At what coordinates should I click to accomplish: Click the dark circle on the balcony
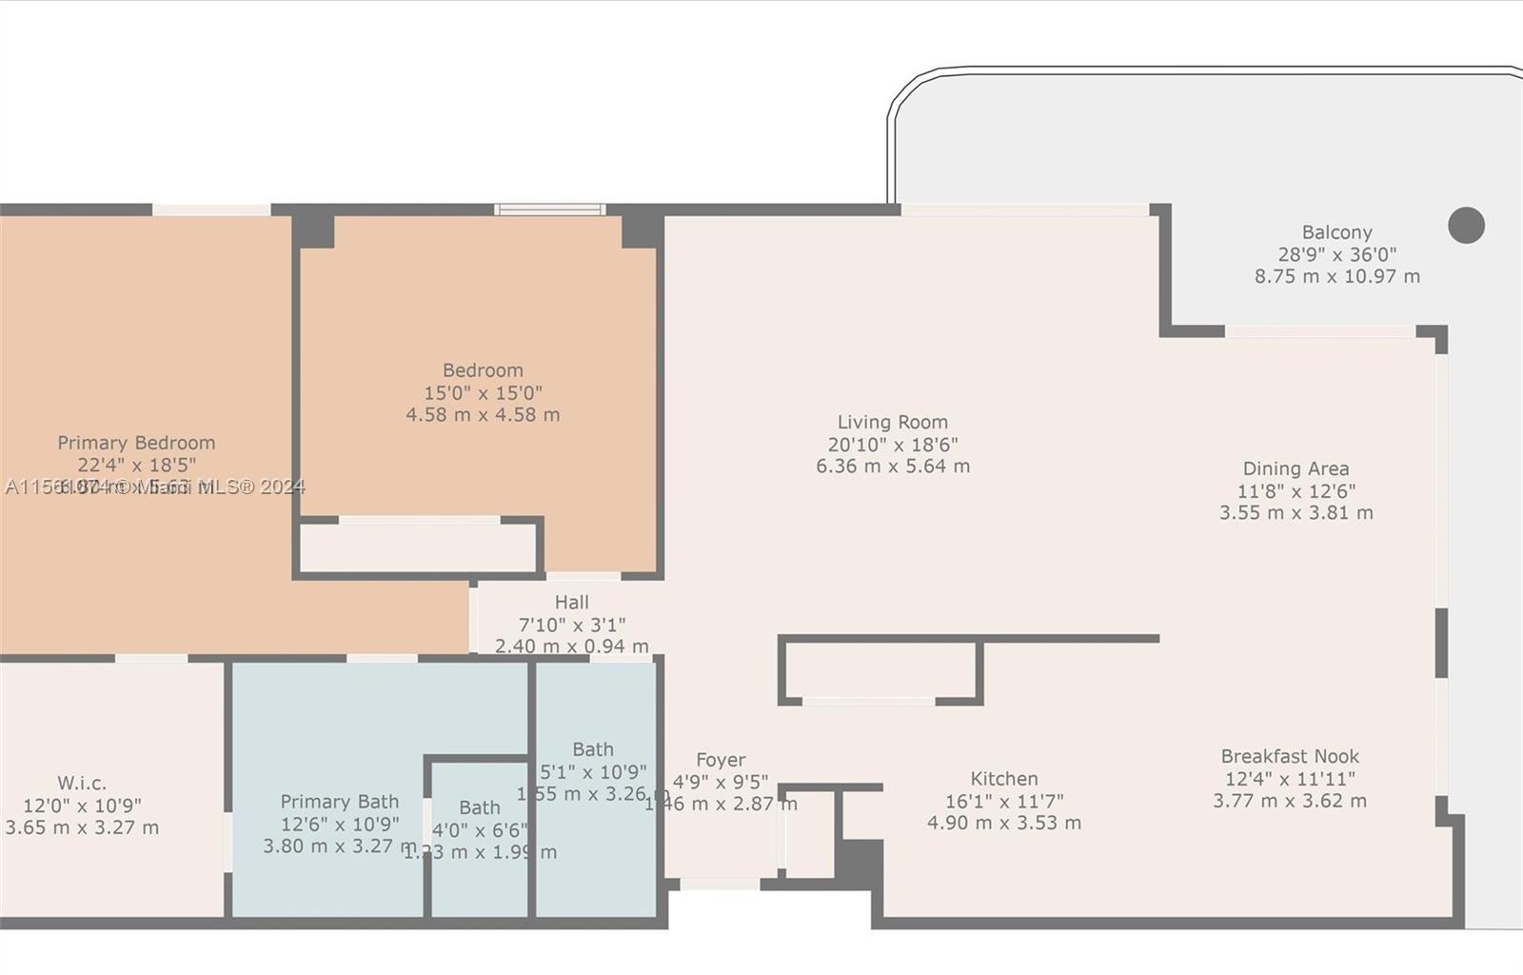click(1466, 226)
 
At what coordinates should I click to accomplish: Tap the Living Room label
click(892, 422)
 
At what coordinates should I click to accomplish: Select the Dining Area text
click(1296, 468)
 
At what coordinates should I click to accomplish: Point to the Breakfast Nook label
click(1290, 756)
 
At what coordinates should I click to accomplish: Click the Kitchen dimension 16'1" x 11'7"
click(1004, 801)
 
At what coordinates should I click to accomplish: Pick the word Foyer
click(721, 760)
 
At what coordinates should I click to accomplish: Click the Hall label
click(571, 602)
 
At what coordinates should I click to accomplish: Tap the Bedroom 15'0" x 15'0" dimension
click(483, 392)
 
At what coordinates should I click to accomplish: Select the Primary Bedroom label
click(136, 443)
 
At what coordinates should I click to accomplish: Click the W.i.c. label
click(82, 783)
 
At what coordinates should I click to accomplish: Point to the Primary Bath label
click(339, 802)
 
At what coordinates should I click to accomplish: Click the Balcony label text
click(1336, 232)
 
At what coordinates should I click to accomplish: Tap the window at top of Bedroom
click(549, 209)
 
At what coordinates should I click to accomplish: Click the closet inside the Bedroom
click(419, 548)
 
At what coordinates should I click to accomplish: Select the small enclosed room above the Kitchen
click(880, 671)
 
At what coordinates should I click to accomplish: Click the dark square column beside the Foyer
click(859, 862)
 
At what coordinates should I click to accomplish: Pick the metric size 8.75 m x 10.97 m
click(1336, 276)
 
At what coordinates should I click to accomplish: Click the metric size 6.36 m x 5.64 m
click(892, 467)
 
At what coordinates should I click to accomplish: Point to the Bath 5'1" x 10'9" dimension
click(593, 772)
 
